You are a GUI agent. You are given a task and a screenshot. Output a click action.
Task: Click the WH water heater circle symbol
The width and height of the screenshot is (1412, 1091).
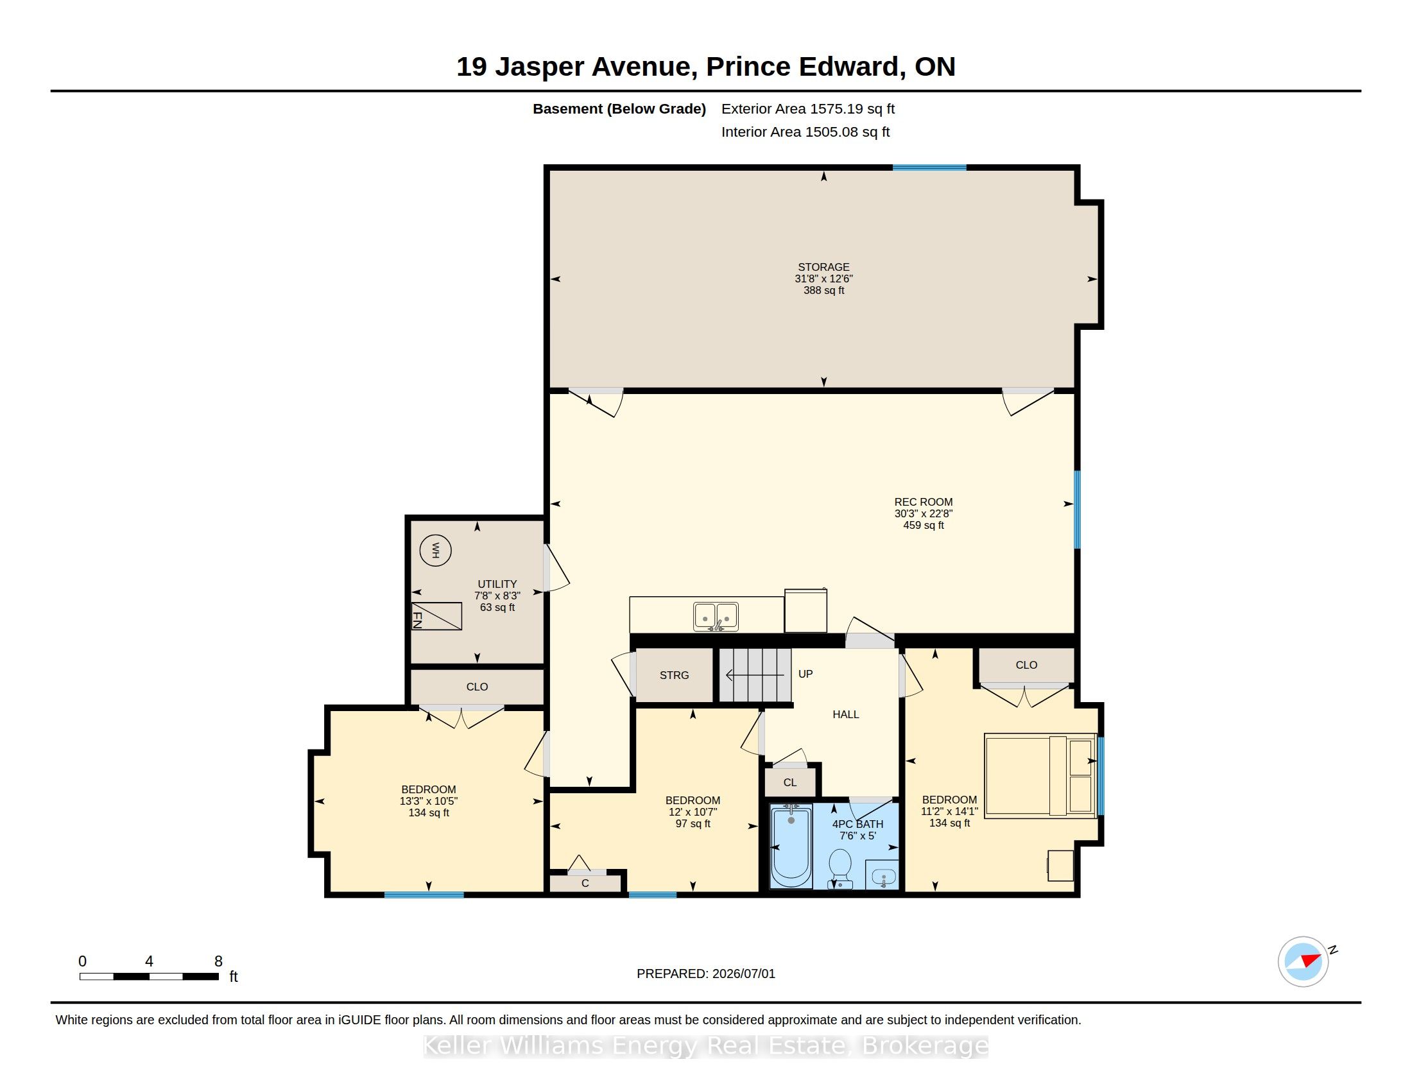(435, 551)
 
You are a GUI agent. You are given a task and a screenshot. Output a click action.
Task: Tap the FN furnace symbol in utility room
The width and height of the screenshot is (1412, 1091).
(436, 617)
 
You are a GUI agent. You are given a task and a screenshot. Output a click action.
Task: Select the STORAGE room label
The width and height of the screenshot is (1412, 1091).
(823, 267)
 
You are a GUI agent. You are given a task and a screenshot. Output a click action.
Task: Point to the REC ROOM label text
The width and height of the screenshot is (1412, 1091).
(923, 502)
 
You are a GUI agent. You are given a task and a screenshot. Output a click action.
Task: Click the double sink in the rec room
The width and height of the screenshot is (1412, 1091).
(716, 617)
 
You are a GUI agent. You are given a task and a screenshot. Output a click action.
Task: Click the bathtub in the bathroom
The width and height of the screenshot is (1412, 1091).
(791, 846)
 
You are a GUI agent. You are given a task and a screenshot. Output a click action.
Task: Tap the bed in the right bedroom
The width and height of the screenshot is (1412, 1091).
(1040, 776)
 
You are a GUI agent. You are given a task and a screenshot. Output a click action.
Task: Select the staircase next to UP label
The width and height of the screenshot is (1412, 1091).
(755, 674)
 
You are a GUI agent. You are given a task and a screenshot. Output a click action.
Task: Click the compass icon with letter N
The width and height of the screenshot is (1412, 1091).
(1304, 961)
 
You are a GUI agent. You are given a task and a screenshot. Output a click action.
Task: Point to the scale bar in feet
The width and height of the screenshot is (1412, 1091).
(150, 976)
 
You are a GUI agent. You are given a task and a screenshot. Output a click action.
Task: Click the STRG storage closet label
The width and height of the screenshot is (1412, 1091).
(675, 675)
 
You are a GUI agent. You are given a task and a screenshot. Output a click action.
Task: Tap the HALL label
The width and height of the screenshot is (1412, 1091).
(846, 714)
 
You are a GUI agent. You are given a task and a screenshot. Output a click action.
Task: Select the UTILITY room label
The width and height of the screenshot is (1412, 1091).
(497, 583)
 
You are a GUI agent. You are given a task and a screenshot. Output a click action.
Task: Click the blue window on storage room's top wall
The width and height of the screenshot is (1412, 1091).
(930, 168)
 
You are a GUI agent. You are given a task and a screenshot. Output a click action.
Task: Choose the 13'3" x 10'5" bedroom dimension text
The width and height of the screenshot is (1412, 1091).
(429, 801)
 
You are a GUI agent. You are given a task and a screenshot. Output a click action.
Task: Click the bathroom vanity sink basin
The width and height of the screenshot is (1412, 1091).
(883, 877)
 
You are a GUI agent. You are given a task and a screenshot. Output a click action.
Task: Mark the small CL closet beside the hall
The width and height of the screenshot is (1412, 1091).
(790, 783)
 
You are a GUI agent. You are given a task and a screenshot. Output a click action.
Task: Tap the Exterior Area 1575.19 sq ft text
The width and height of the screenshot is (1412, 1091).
(808, 108)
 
